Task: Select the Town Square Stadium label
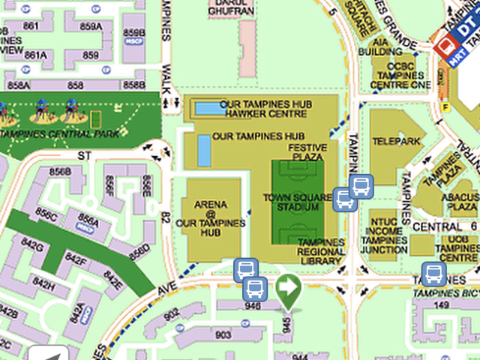point(297,202)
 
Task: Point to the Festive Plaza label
point(307,152)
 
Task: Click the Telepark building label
point(394,141)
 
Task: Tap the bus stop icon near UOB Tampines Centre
point(433,274)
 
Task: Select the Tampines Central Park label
point(60,134)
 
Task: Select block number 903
point(223,334)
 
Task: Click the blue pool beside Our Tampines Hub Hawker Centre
point(209,108)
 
